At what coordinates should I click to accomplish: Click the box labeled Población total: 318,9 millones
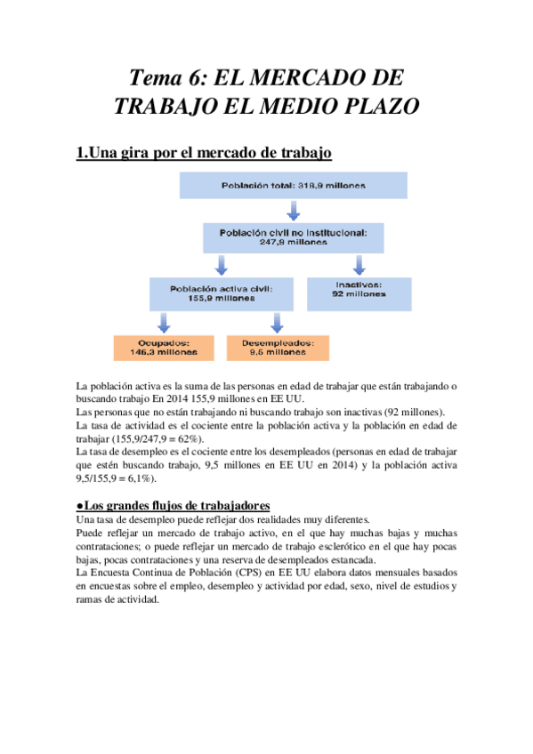pos(293,185)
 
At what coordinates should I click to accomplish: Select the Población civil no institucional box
pos(293,236)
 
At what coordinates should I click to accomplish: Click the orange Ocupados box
pos(164,347)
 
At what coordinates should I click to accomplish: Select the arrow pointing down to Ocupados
pos(164,321)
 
